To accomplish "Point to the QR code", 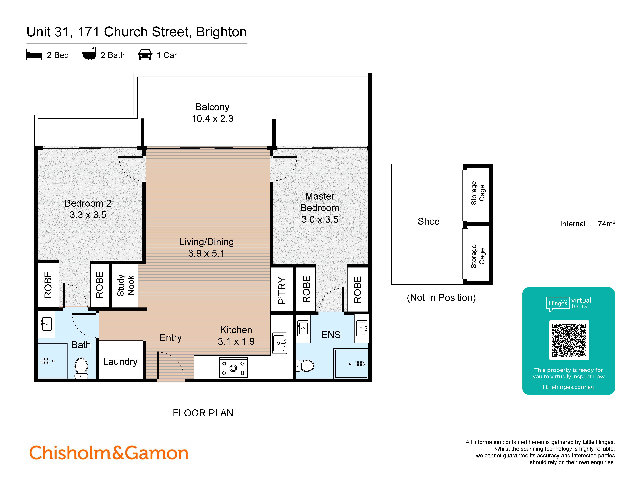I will (569, 340).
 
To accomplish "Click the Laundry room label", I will (120, 362).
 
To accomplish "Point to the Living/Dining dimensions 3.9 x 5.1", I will (206, 253).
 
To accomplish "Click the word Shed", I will (429, 221).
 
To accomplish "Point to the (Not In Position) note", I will (441, 298).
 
